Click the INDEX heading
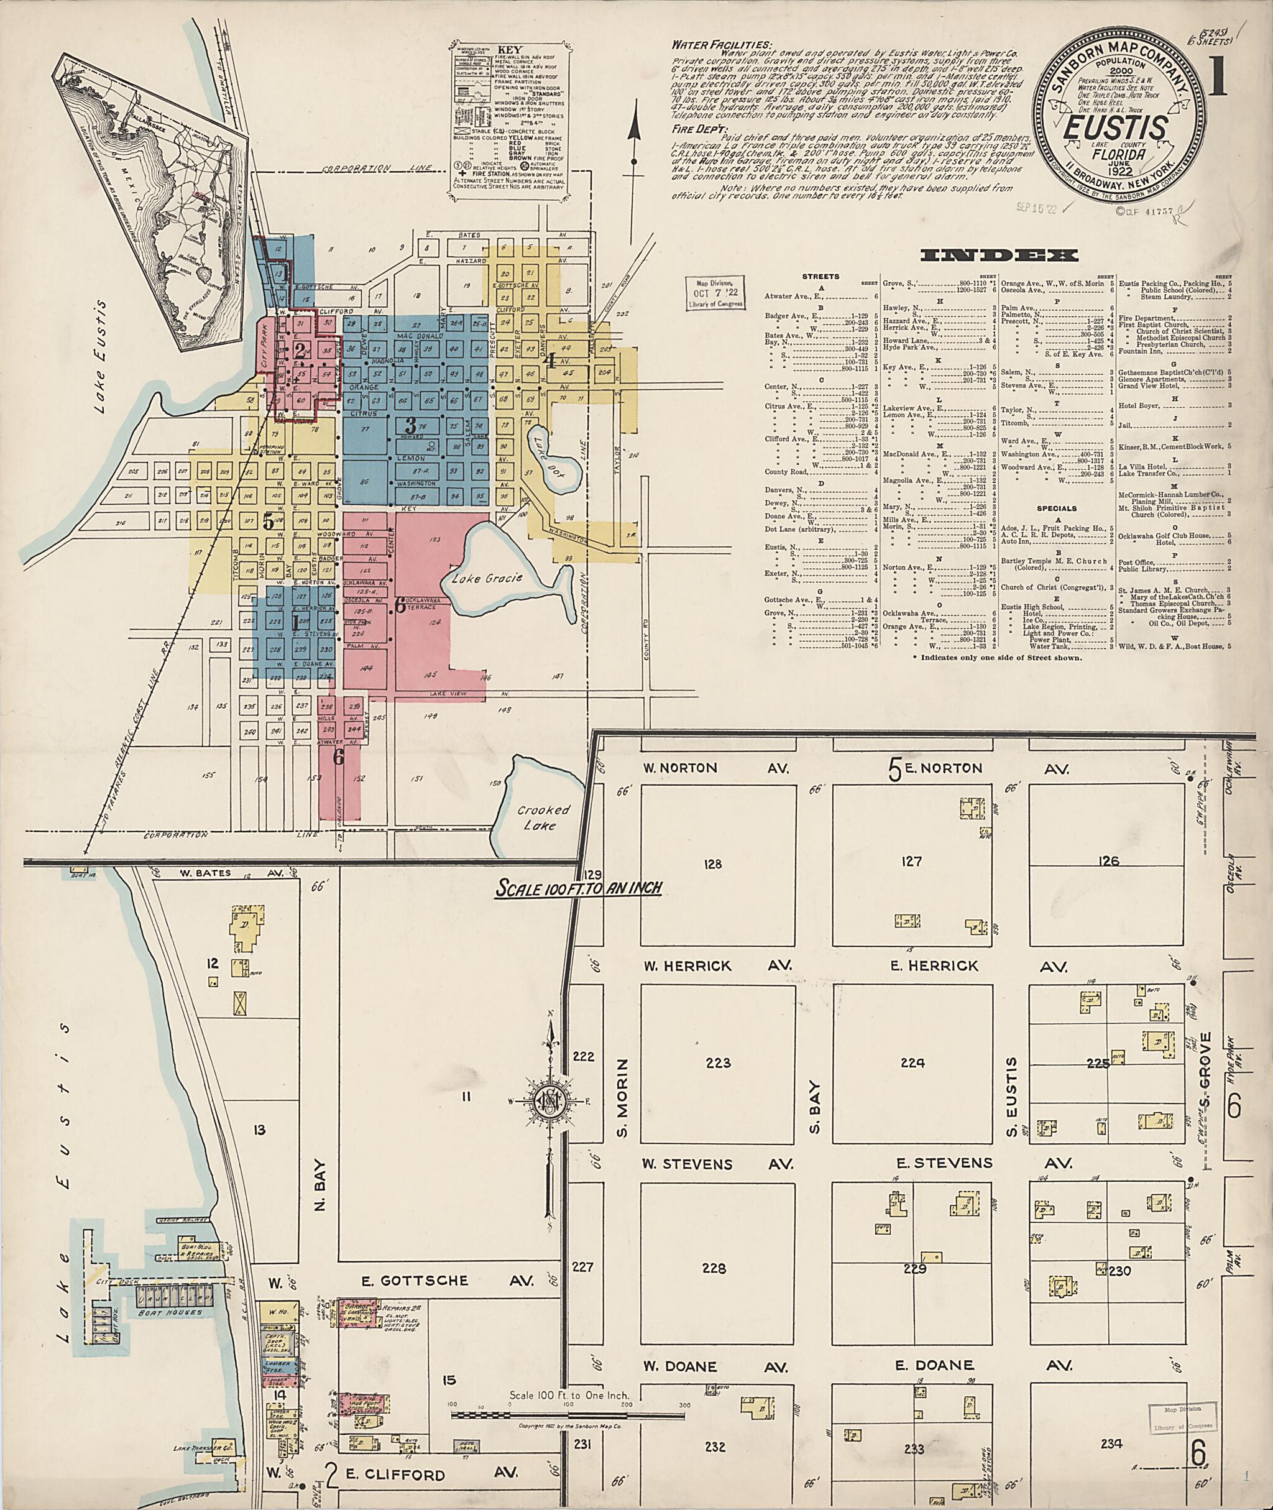pyautogui.click(x=1000, y=256)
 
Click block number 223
pyautogui.click(x=718, y=1062)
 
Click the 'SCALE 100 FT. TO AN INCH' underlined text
pyautogui.click(x=577, y=887)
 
